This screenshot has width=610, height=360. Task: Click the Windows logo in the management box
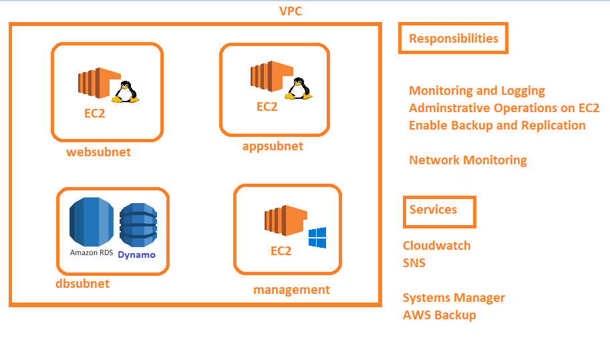click(317, 238)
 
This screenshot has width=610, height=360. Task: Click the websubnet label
click(98, 152)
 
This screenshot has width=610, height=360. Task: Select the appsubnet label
click(273, 146)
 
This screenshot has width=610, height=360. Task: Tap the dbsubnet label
click(82, 284)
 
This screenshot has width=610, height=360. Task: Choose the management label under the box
click(291, 290)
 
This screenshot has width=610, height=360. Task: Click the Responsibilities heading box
click(454, 38)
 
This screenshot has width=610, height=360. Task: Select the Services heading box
click(439, 210)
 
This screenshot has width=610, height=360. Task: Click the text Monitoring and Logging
click(477, 91)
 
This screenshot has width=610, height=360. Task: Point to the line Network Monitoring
click(468, 160)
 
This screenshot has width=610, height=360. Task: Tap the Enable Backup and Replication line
click(497, 126)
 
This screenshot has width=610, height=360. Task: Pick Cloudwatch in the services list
click(436, 246)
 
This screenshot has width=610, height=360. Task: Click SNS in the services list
click(414, 263)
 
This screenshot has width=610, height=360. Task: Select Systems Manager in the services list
click(454, 298)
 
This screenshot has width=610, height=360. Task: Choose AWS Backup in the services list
click(439, 315)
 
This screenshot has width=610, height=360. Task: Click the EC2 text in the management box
click(281, 251)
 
